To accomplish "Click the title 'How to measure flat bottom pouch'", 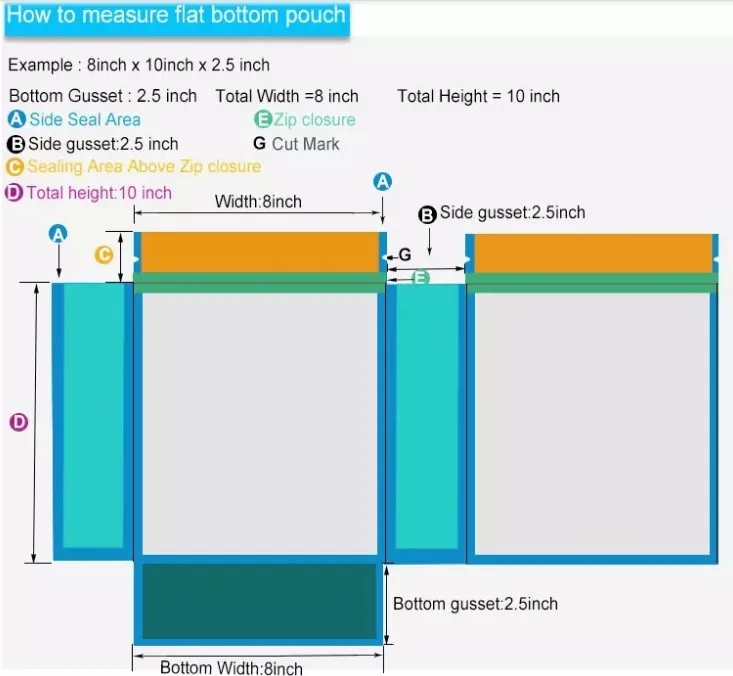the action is point(176,16).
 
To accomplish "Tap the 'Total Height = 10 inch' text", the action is point(478,96).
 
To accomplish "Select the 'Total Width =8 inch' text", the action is point(287,96).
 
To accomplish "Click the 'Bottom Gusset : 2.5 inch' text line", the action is point(103,96).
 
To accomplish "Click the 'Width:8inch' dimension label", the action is point(258,201).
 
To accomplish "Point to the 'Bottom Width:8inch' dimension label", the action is point(231,667).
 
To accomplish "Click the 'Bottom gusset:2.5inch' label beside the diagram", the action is point(475,604).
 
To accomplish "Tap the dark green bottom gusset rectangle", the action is point(258,600).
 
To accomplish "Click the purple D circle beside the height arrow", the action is point(18,422).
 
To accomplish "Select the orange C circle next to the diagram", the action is point(103,255).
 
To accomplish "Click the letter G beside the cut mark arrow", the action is point(405,255).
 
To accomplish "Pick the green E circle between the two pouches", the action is point(421,277).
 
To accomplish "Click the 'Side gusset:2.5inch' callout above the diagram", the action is point(512,213).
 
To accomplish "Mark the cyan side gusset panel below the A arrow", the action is point(92,415).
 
